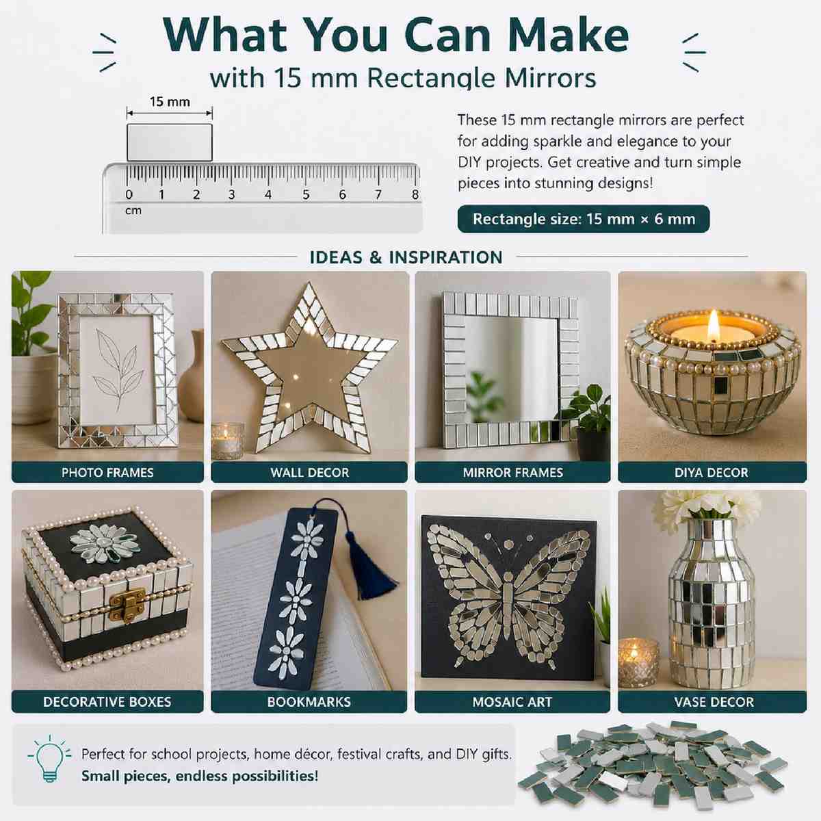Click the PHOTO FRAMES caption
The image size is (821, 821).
point(107,473)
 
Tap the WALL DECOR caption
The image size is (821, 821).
point(310,473)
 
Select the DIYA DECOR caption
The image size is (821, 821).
point(712,473)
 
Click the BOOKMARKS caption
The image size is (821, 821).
point(309,702)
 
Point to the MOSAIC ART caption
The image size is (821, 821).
point(512,702)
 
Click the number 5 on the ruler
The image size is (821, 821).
point(306,195)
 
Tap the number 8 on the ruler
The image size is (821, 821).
point(415,195)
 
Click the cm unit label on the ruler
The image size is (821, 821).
point(133,211)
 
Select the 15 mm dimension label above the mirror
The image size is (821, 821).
point(170,102)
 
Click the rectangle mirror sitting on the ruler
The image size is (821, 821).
point(170,142)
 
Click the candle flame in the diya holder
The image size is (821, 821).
point(713,325)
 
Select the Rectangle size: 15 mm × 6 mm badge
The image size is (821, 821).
point(584,219)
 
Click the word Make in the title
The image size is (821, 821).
point(569,35)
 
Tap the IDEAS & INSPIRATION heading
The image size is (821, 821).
point(406,257)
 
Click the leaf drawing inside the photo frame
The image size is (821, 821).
point(116,369)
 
